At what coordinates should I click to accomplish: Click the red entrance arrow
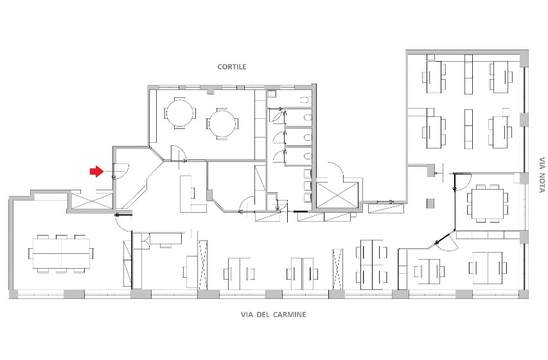click(97, 172)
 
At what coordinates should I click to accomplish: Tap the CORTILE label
click(232, 67)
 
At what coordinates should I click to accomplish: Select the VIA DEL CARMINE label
click(273, 314)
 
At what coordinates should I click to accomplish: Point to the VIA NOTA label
click(542, 175)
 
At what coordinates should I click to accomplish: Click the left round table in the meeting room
click(180, 113)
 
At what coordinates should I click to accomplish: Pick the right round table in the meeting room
click(222, 124)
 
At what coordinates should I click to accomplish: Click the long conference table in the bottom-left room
click(61, 253)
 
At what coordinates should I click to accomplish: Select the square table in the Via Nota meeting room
click(488, 203)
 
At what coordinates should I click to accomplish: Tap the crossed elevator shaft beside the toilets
click(337, 195)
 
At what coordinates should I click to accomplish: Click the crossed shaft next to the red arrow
click(93, 201)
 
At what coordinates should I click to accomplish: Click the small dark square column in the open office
click(430, 203)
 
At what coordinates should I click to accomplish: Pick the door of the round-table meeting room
click(178, 154)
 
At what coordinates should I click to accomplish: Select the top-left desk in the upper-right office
click(434, 77)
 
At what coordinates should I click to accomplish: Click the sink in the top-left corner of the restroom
click(272, 93)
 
